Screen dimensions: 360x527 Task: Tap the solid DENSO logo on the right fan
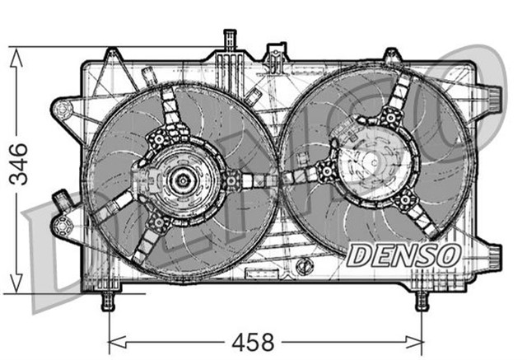coord(403,255)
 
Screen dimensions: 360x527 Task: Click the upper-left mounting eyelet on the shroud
coord(62,109)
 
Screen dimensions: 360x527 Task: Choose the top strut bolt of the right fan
coord(389,118)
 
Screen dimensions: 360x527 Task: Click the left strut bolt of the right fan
coord(326,171)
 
